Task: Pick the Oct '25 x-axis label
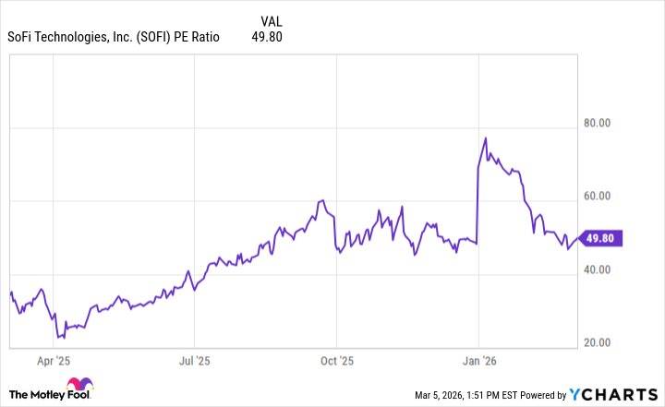pyautogui.click(x=336, y=361)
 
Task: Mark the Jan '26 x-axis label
pyautogui.click(x=478, y=361)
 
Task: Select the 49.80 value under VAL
pyautogui.click(x=267, y=37)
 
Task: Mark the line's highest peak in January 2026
pyautogui.click(x=486, y=138)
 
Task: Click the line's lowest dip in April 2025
pyautogui.click(x=57, y=338)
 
